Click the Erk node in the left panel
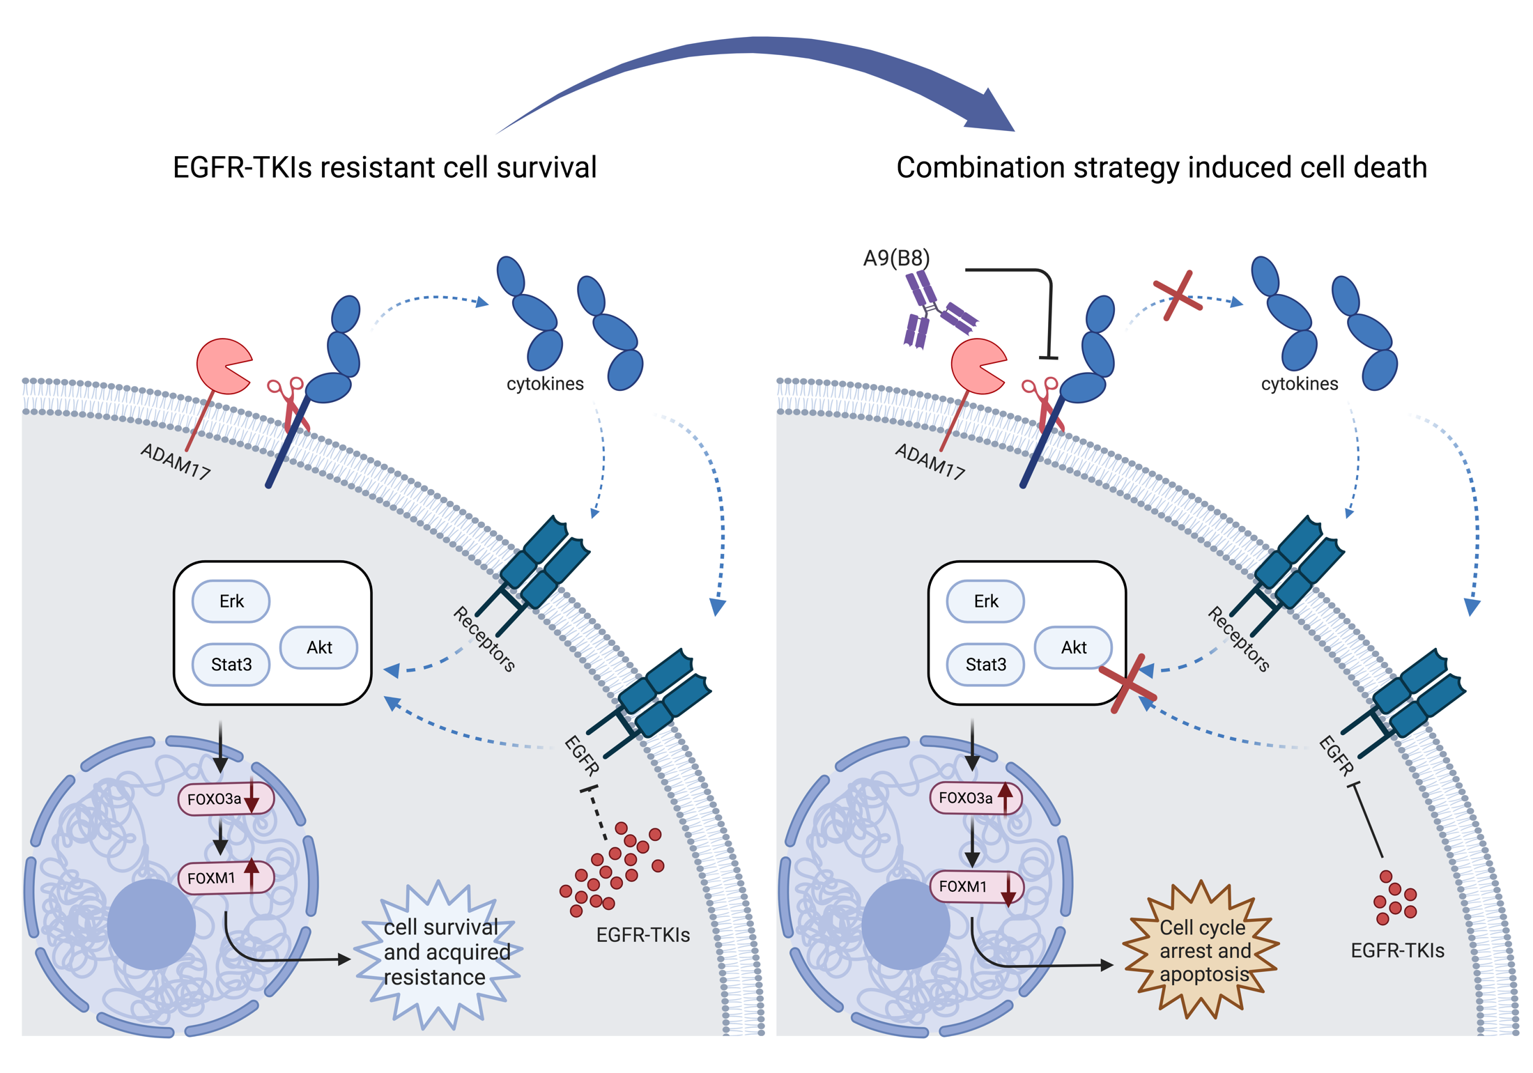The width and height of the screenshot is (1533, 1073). click(231, 601)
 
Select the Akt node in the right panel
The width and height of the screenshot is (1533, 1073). click(1073, 648)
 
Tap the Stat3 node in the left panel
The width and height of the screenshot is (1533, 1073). click(231, 665)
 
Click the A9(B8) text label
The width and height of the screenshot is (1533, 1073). click(896, 258)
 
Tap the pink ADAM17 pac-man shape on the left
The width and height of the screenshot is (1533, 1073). click(222, 366)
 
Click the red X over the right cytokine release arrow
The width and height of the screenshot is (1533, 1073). click(1178, 296)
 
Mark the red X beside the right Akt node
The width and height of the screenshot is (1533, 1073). click(1127, 683)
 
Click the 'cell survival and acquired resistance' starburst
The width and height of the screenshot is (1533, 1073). click(439, 953)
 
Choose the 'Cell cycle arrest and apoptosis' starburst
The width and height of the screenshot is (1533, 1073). click(1203, 950)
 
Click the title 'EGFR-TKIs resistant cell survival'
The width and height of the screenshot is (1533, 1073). click(385, 168)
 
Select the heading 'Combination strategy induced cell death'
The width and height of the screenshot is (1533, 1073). click(1162, 168)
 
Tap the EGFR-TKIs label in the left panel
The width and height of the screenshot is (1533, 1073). click(642, 935)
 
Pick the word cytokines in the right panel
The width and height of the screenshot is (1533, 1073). click(1299, 384)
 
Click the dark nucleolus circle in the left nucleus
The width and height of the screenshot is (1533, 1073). click(151, 924)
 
